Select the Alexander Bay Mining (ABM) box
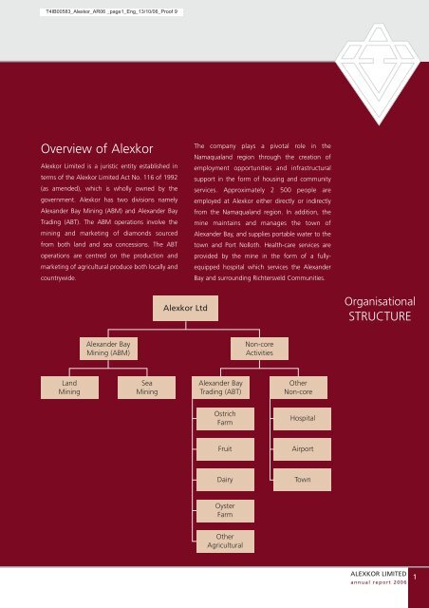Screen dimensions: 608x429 click(x=107, y=347)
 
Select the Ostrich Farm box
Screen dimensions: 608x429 click(x=226, y=418)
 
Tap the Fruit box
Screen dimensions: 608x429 click(x=226, y=447)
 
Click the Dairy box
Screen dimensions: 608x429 click(x=226, y=481)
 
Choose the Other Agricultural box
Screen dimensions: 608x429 click(x=226, y=541)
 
